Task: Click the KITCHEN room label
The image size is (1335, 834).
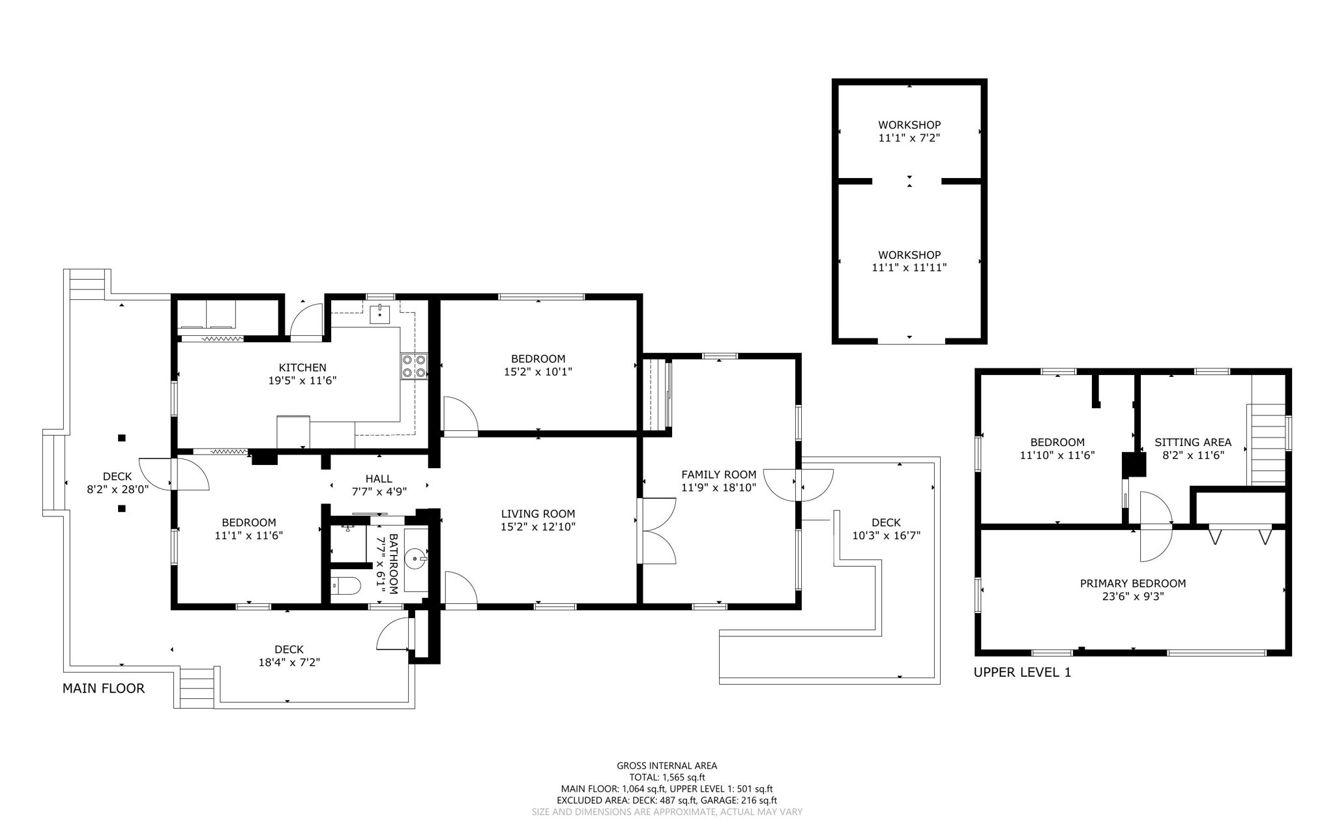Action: [302, 368]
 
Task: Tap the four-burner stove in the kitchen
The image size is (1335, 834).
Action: [414, 366]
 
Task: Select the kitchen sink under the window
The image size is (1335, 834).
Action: [379, 314]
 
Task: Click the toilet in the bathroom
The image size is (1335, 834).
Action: [346, 586]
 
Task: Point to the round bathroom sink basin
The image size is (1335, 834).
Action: [415, 559]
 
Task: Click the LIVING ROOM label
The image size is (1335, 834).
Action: [538, 514]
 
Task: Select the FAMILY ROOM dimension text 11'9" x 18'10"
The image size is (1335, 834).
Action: [718, 487]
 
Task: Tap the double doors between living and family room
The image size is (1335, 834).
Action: [657, 530]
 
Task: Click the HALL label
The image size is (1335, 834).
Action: [379, 479]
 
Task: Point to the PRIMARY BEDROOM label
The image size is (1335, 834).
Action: [1132, 584]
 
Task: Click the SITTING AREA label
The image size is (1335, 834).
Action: [1192, 442]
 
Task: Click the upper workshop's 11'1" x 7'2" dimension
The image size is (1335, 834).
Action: [909, 138]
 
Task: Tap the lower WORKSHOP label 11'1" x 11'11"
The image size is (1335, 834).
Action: [909, 261]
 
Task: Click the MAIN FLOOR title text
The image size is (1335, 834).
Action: [104, 688]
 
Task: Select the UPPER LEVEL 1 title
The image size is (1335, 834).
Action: [1021, 672]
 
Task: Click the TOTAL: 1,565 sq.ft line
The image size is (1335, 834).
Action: [667, 777]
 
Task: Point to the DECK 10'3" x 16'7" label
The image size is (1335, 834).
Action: [886, 529]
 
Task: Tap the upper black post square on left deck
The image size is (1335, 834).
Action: [121, 438]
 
